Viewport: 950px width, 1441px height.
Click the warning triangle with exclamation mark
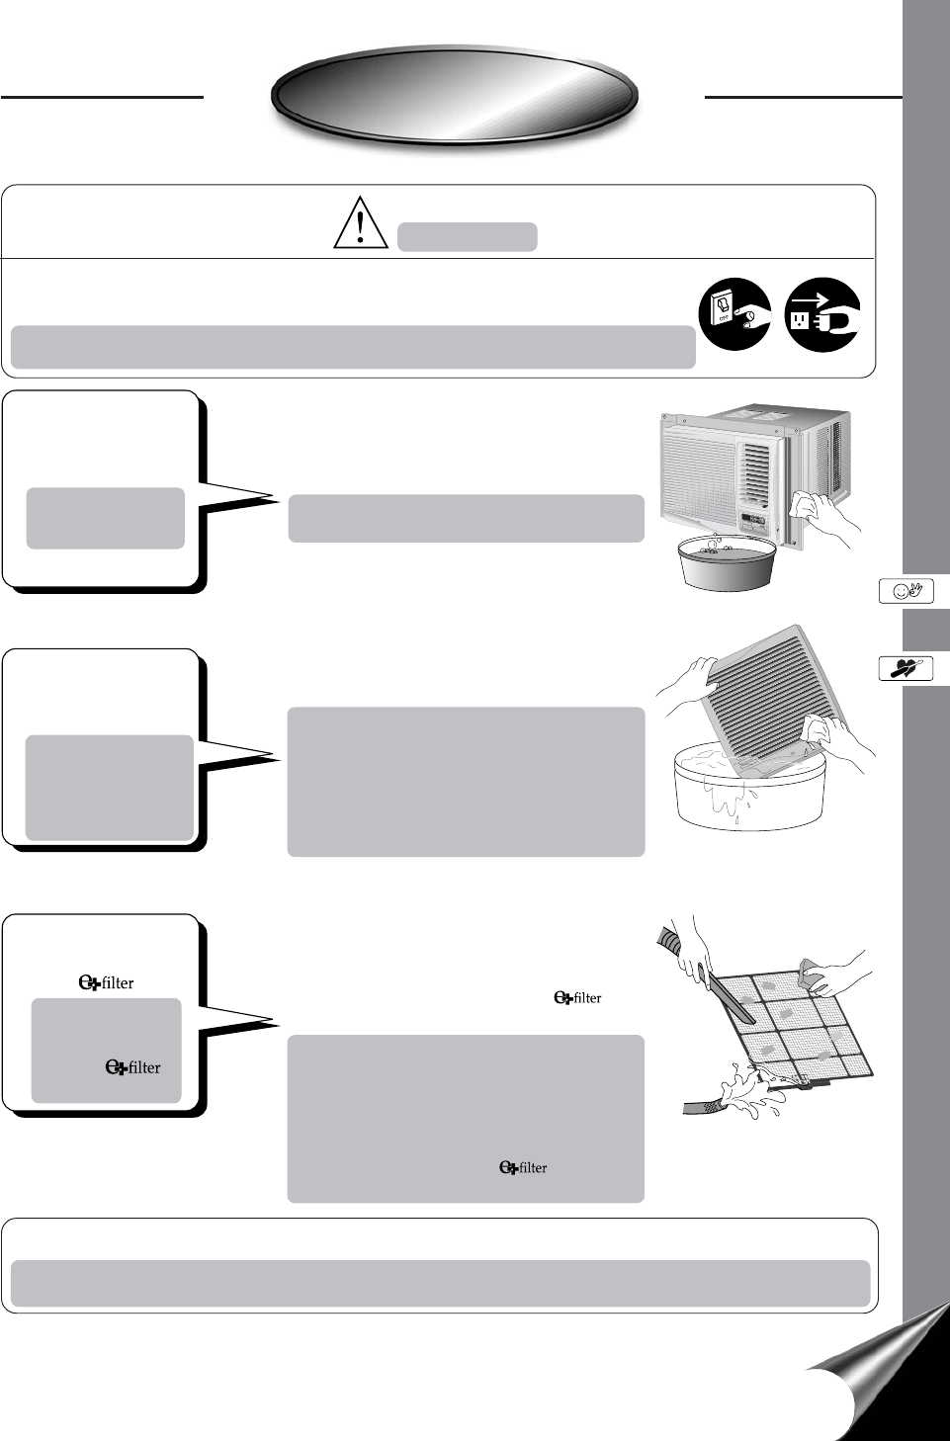click(x=360, y=222)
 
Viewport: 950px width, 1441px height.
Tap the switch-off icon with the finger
click(x=734, y=314)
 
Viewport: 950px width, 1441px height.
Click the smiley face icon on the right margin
click(x=906, y=591)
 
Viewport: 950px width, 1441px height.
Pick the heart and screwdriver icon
click(x=906, y=669)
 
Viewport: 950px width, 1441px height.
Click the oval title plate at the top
click(x=455, y=96)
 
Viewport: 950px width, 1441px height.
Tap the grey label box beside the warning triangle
click(x=467, y=237)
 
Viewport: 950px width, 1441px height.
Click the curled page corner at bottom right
click(x=880, y=1374)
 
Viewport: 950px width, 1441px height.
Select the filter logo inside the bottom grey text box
click(x=523, y=1167)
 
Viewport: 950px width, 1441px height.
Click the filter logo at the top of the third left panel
click(x=106, y=982)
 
